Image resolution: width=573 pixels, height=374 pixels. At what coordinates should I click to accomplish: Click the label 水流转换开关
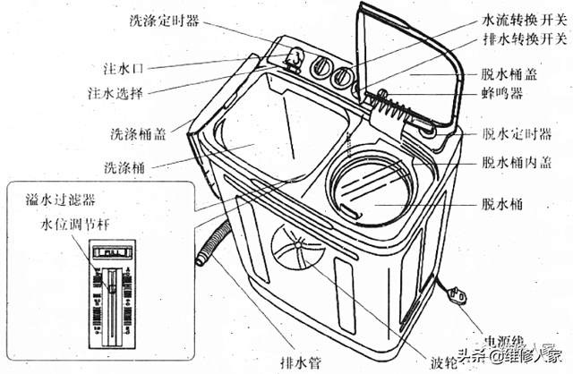523,18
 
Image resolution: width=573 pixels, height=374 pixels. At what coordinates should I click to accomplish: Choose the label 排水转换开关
523,42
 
